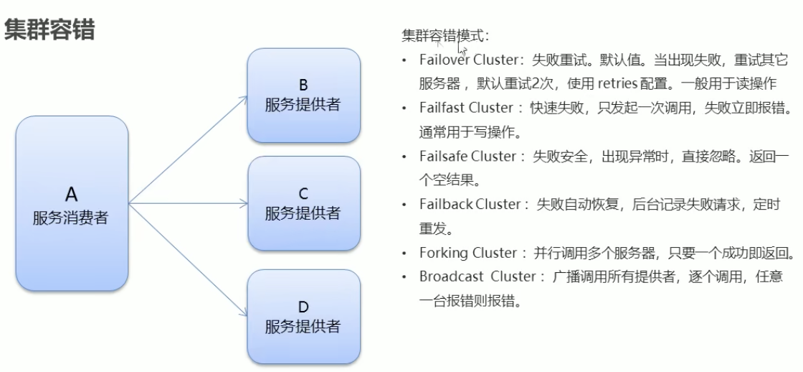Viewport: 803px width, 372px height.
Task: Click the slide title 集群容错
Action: pos(49,29)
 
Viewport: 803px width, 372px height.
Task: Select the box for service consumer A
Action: pos(72,204)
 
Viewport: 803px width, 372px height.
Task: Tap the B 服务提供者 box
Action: pos(303,95)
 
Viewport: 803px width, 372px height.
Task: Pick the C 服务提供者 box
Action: pos(303,203)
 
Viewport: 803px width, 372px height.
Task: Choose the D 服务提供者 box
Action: pos(303,317)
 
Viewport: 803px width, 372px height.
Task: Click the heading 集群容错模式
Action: pos(445,35)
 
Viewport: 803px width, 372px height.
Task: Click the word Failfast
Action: pos(442,108)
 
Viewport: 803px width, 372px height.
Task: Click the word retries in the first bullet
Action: pos(617,83)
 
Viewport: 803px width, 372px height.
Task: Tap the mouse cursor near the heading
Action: pos(462,50)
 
